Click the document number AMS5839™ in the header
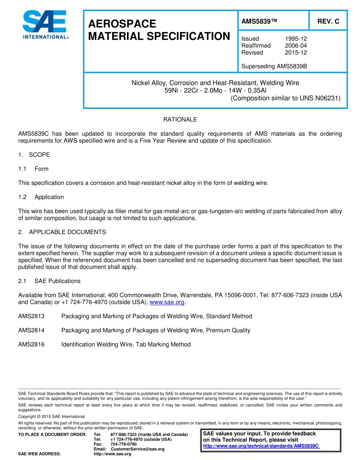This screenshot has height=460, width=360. click(259, 22)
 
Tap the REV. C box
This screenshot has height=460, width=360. click(328, 22)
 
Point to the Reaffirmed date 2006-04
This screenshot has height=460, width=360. click(296, 46)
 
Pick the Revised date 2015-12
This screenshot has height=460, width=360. click(296, 53)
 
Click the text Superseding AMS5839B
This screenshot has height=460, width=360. click(274, 66)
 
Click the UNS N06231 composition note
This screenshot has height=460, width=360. click(285, 98)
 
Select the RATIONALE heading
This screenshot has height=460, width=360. click(180, 119)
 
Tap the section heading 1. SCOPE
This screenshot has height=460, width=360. click(34, 155)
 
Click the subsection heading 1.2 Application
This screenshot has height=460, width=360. click(41, 197)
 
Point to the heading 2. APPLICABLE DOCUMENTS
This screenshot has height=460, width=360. click(62, 232)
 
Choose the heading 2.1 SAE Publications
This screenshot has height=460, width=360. click(49, 281)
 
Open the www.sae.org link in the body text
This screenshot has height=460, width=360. click(167, 302)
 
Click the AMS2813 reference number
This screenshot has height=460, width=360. click(31, 316)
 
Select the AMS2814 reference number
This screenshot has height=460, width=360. click(31, 330)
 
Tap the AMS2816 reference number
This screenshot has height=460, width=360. click(31, 344)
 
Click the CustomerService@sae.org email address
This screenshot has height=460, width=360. click(138, 449)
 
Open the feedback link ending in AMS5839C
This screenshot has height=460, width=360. click(261, 446)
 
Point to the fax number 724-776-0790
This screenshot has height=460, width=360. click(124, 444)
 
